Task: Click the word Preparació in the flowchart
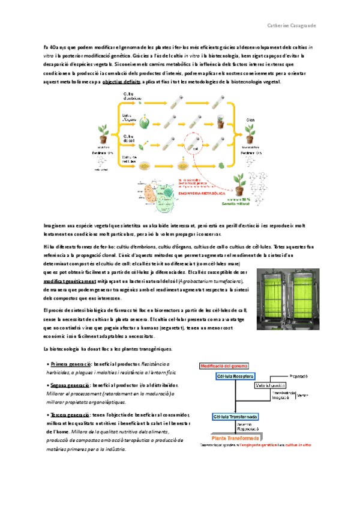pyautogui.click(x=298, y=376)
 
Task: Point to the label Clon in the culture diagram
pyautogui.click(x=251, y=120)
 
